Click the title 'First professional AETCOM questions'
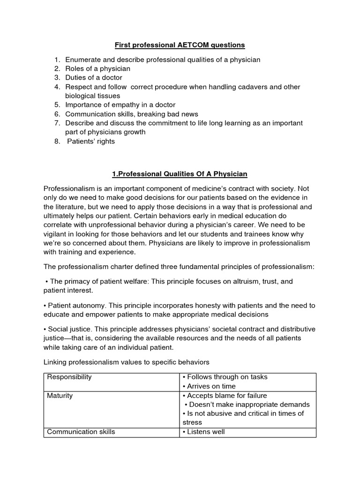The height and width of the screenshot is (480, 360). (x=180, y=45)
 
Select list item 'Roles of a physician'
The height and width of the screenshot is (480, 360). (x=97, y=68)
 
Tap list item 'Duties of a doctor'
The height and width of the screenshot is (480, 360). (x=94, y=77)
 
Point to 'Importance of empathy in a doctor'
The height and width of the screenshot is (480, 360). (x=120, y=105)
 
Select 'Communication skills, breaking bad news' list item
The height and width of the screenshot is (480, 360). (x=131, y=114)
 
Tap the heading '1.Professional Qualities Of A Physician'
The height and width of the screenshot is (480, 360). (x=180, y=174)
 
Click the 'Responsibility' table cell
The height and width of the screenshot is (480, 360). (x=69, y=377)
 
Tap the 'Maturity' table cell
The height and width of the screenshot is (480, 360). (x=60, y=396)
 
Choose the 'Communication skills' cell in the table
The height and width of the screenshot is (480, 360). (x=81, y=432)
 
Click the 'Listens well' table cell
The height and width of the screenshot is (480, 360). (x=206, y=432)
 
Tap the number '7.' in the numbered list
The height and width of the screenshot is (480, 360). (x=57, y=123)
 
